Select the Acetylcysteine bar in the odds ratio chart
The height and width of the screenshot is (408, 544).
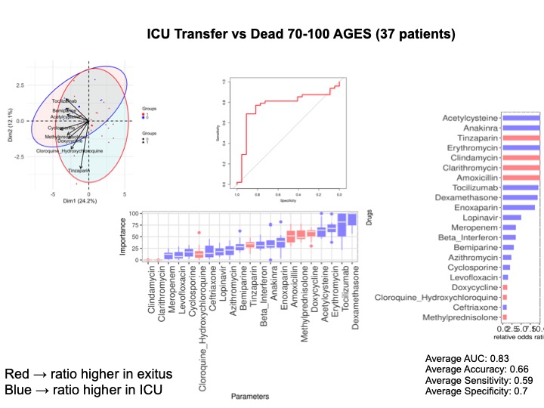[x=521, y=118]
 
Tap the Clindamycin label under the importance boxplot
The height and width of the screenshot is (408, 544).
[x=150, y=295]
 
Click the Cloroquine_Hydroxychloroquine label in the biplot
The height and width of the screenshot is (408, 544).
[x=66, y=151]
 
